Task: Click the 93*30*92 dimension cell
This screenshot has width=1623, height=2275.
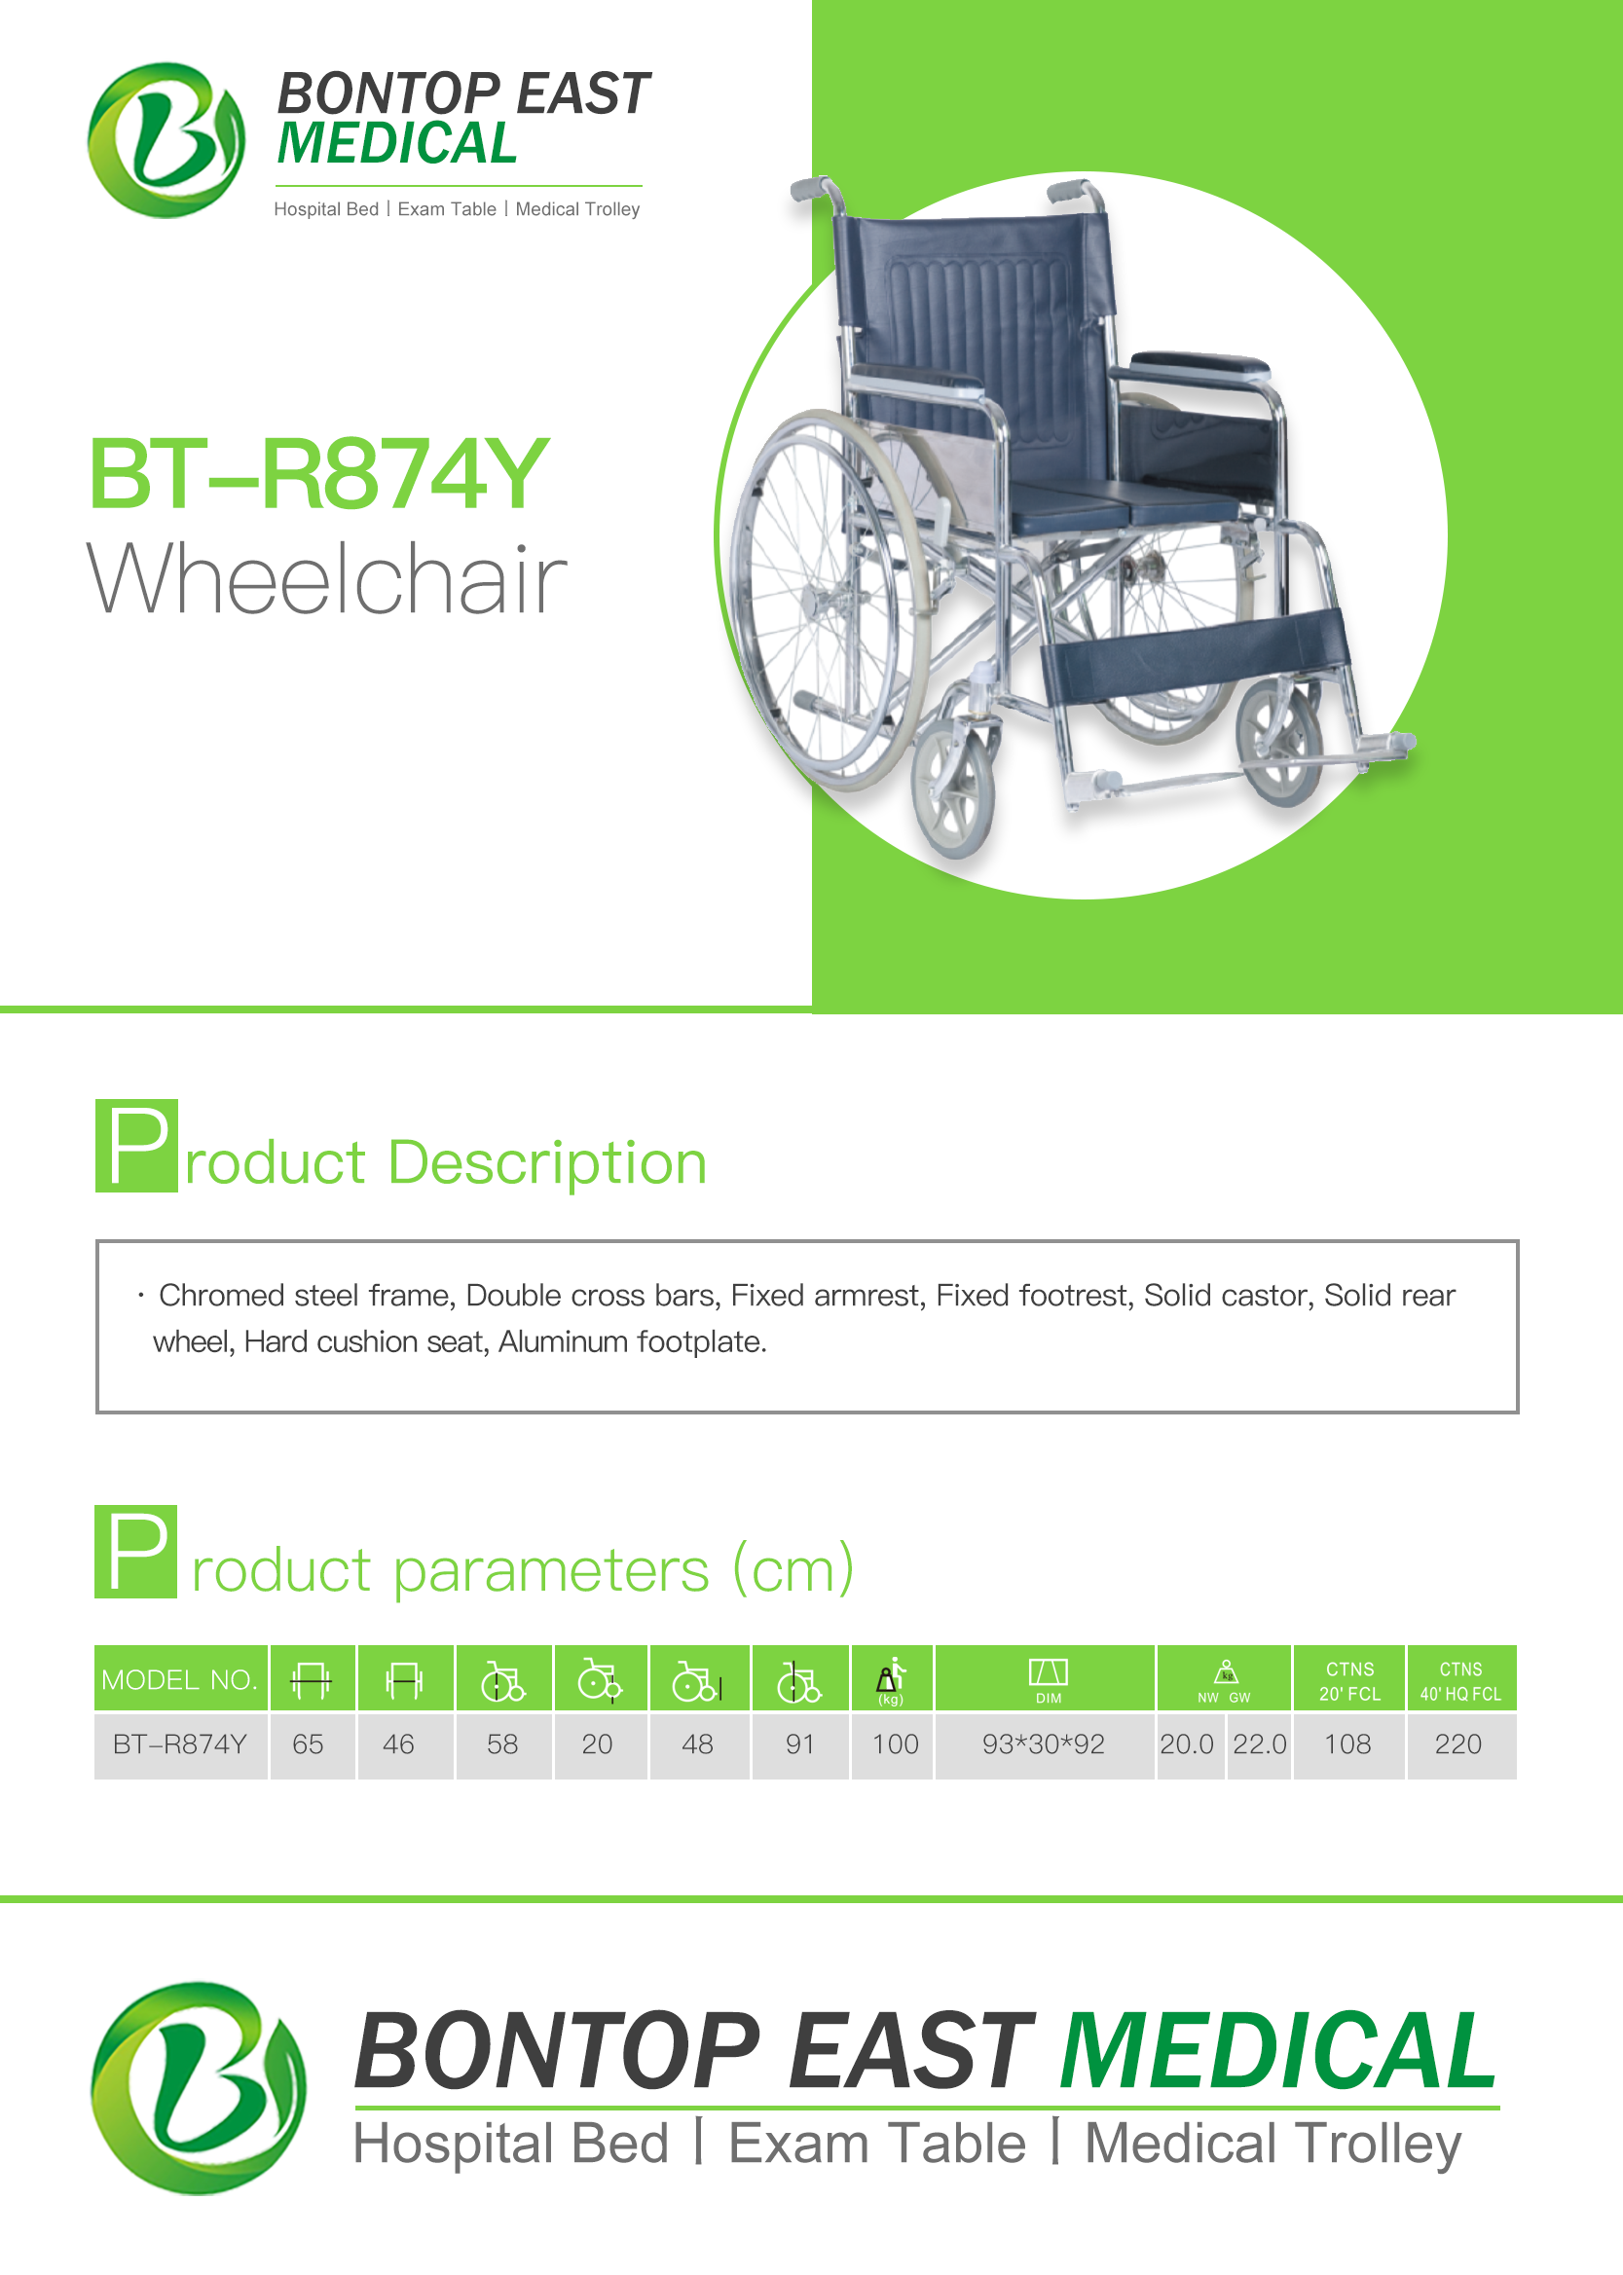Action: point(1044,1744)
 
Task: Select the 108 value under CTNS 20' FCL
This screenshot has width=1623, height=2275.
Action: point(1348,1744)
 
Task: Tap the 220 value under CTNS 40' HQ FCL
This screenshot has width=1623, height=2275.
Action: point(1458,1744)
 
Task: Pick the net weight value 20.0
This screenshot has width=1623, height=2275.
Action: point(1187,1744)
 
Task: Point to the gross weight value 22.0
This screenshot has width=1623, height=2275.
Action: point(1259,1744)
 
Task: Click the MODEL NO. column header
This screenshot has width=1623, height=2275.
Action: point(180,1679)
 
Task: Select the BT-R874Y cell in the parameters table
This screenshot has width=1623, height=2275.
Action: point(180,1744)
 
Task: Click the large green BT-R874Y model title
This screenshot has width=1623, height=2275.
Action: point(318,475)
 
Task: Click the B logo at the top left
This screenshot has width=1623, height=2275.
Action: point(166,140)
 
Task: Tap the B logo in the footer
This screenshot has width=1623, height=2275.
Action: point(199,2088)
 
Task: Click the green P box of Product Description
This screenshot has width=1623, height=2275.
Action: point(137,1145)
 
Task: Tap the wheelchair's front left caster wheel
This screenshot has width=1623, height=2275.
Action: point(954,789)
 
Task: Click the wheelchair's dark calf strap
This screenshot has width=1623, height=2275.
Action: point(1195,654)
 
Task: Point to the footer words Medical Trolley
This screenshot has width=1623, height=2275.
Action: point(1273,2145)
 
